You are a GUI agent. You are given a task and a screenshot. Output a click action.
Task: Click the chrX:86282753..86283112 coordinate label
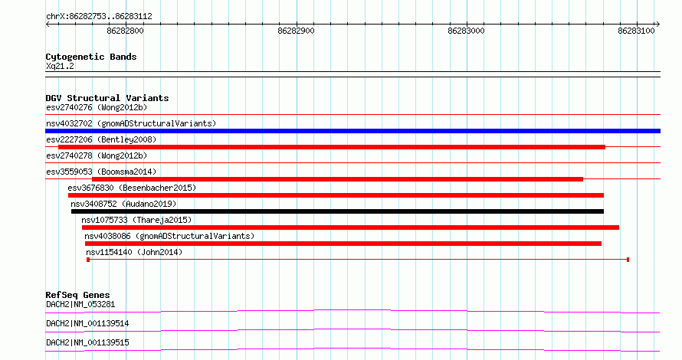pyautogui.click(x=99, y=17)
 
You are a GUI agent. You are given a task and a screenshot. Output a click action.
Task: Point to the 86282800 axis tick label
pyautogui.click(x=125, y=31)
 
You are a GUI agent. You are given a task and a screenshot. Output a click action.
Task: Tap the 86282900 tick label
pyautogui.click(x=297, y=31)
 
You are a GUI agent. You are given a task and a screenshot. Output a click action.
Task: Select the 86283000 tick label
pyautogui.click(x=466, y=31)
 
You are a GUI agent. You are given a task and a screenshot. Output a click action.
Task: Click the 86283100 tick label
pyautogui.click(x=636, y=31)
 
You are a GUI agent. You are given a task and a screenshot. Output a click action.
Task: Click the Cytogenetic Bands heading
pyautogui.click(x=91, y=57)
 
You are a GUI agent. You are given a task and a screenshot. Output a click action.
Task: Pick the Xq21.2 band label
pyautogui.click(x=60, y=66)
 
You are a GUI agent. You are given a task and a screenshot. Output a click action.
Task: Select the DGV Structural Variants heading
pyautogui.click(x=107, y=98)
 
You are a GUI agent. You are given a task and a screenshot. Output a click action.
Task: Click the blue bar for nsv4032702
pyautogui.click(x=352, y=131)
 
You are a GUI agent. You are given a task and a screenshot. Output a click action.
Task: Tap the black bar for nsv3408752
pyautogui.click(x=337, y=211)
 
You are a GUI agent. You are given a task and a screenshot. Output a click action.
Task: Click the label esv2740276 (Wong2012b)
pyautogui.click(x=97, y=107)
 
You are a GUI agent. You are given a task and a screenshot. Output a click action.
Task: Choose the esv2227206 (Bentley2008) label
pyautogui.click(x=101, y=139)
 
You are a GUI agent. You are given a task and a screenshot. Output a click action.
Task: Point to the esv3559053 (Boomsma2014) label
pyautogui.click(x=101, y=172)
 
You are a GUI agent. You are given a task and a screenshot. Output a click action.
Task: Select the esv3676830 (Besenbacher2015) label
pyautogui.click(x=132, y=188)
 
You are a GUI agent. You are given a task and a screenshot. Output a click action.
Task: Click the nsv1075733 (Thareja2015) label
pyautogui.click(x=136, y=220)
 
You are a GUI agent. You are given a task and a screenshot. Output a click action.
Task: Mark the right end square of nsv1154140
pyautogui.click(x=628, y=260)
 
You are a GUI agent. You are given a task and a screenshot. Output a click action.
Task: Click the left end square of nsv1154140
pyautogui.click(x=88, y=260)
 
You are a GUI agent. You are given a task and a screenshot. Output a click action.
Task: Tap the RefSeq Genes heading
pyautogui.click(x=77, y=295)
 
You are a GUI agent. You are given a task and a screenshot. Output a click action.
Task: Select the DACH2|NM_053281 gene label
pyautogui.click(x=80, y=304)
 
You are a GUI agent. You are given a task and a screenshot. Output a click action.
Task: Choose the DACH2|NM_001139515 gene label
pyautogui.click(x=87, y=342)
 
